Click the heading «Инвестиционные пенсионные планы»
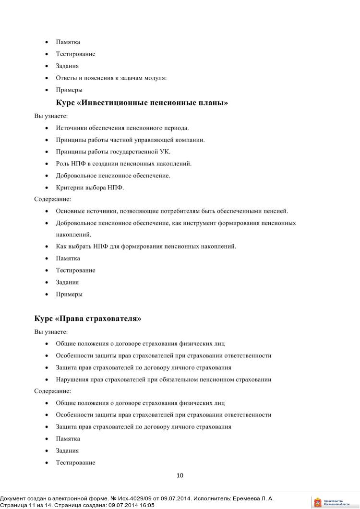pos(142,103)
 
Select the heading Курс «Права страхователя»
pos(88,319)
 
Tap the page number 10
pos(180,475)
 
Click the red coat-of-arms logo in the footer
pos(317,502)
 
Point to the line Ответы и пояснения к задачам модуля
pos(111,78)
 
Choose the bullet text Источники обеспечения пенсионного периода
pos(122,128)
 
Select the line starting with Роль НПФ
pos(124,164)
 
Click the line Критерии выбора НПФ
pos(90,188)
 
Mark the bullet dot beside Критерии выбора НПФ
pos(46,188)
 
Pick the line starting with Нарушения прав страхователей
pos(163,379)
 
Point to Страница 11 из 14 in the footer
pos(29,505)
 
